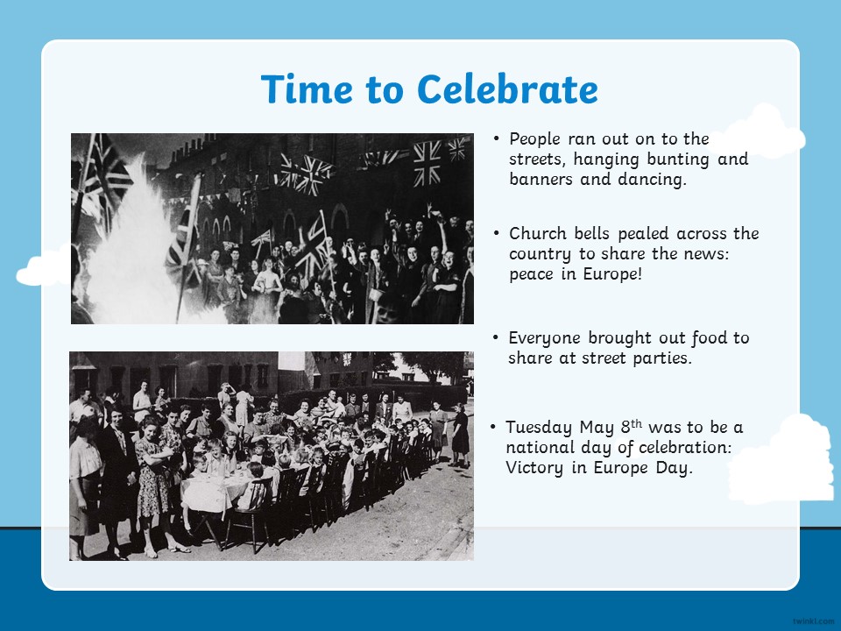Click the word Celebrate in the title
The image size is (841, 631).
click(x=507, y=89)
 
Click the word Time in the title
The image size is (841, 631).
click(x=307, y=89)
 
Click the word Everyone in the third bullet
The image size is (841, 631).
click(x=544, y=338)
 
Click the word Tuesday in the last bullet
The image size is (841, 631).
click(x=539, y=428)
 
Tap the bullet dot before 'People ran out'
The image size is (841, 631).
click(x=496, y=139)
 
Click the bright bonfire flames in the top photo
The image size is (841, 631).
click(x=131, y=252)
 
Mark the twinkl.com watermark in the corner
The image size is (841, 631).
click(x=813, y=621)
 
